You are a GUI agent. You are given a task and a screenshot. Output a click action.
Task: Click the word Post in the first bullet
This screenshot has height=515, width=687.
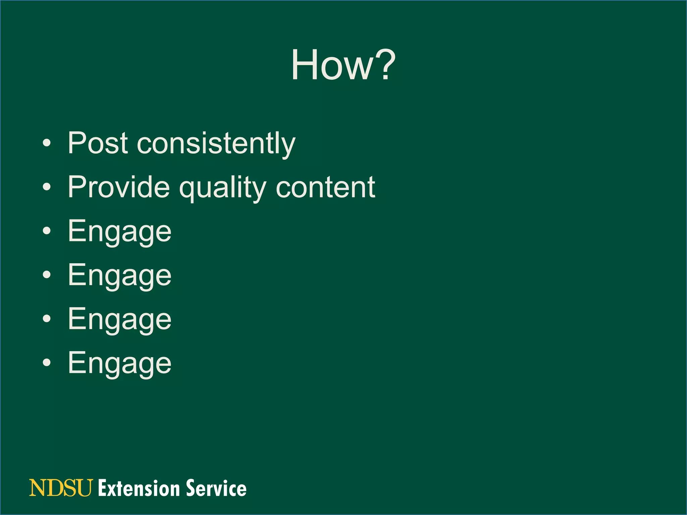point(98,143)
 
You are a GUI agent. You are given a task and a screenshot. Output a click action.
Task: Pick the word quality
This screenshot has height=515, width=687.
point(223,188)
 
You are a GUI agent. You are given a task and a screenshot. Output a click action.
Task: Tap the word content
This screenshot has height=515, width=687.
point(325,188)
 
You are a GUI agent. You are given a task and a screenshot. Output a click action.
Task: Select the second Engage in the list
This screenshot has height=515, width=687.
point(119,276)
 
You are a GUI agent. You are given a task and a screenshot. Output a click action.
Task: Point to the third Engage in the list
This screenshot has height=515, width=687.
point(119,320)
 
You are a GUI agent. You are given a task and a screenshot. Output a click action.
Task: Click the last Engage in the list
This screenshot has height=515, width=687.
point(119,364)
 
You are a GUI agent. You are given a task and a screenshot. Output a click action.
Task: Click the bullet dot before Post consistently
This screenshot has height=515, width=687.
point(47,144)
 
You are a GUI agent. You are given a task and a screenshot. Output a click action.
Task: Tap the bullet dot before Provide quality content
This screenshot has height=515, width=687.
point(47,187)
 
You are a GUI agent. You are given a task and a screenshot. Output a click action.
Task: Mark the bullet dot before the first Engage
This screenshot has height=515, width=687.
point(47,231)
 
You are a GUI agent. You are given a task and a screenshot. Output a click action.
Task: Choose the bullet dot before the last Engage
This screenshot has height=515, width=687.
point(47,362)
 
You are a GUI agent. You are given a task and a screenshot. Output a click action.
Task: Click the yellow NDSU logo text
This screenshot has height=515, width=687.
point(61,488)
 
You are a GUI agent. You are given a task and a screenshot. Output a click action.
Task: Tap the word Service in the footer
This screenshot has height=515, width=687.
point(216,488)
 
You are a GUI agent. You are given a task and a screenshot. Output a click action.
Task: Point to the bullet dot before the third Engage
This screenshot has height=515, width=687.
point(47,319)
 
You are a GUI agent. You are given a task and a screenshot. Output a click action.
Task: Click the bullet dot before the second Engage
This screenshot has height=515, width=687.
point(47,275)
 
